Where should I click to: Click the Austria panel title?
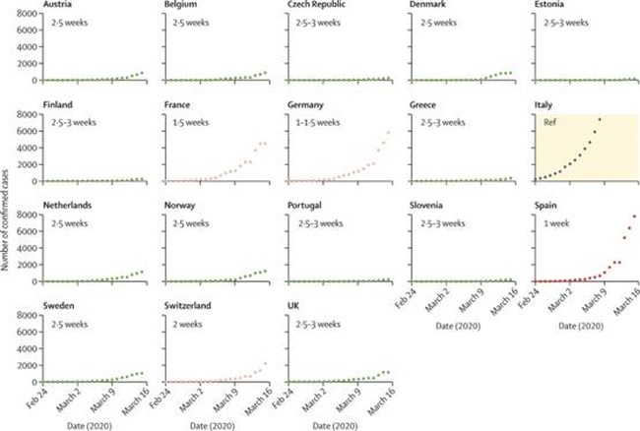click(58, 5)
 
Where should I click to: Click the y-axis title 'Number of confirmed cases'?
click(8, 216)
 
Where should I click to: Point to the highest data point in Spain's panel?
click(633, 216)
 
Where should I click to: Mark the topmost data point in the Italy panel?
click(600, 119)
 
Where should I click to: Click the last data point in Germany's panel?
click(387, 133)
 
